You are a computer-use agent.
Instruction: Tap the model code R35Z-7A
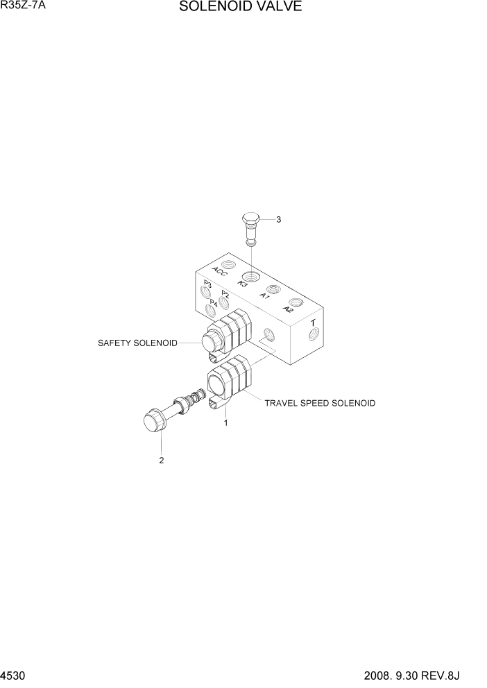pos(23,6)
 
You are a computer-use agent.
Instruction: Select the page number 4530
pos(12,676)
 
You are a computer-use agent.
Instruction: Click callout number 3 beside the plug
pos(278,220)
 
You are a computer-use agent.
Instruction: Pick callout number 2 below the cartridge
pos(162,461)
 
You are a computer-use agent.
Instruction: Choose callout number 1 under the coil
pos(225,421)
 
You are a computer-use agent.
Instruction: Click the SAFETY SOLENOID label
pos(137,343)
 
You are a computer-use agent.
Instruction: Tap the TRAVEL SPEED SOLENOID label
pos(320,402)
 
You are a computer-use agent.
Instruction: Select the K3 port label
pos(243,283)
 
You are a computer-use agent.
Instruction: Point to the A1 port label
pos(264,295)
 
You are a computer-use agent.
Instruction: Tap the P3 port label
pos(207,284)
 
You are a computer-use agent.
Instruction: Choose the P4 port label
pos(214,303)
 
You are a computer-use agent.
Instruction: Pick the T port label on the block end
pos(314,322)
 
